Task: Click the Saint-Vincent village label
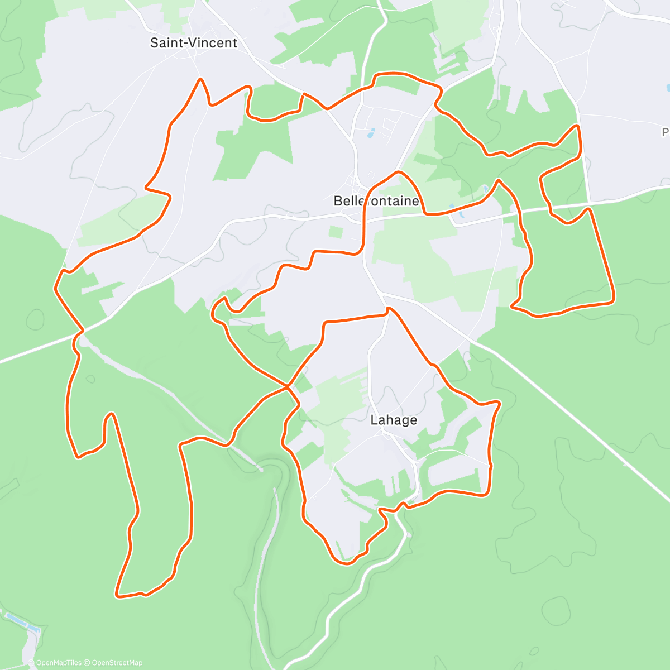(194, 43)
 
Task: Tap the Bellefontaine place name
(376, 201)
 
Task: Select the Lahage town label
(394, 420)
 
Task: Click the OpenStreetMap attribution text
(117, 663)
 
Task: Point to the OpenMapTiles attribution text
(59, 663)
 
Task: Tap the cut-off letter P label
(666, 132)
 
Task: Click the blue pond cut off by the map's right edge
(668, 88)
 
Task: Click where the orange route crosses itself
(288, 386)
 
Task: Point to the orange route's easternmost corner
(614, 300)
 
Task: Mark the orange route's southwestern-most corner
(117, 596)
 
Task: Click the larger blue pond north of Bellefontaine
(370, 133)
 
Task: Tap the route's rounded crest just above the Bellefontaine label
(398, 173)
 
